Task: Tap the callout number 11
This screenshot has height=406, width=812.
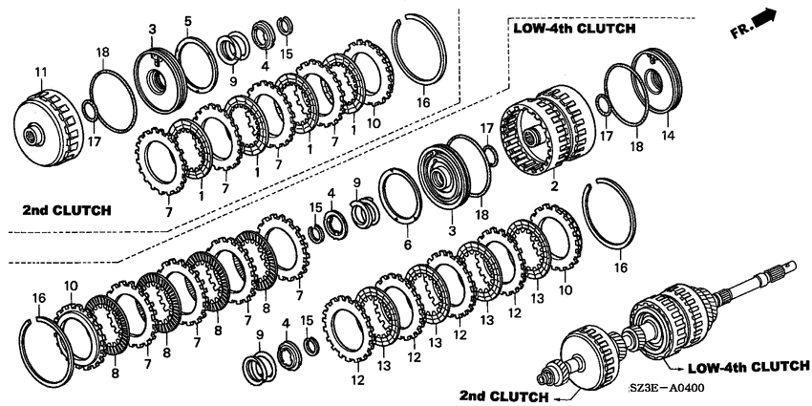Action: point(40,72)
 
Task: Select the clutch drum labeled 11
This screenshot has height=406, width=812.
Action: point(47,128)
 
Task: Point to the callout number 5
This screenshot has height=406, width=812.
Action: point(187,21)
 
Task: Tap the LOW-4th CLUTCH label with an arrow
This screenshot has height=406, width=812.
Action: point(748,367)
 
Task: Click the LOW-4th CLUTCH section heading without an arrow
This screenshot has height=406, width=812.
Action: point(574,29)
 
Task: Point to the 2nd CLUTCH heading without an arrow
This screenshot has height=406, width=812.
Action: point(67,210)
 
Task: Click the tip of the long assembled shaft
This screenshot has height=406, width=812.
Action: point(793,265)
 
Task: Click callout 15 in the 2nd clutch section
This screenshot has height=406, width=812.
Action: point(287,53)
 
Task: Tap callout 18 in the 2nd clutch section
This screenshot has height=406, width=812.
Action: point(102,52)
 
